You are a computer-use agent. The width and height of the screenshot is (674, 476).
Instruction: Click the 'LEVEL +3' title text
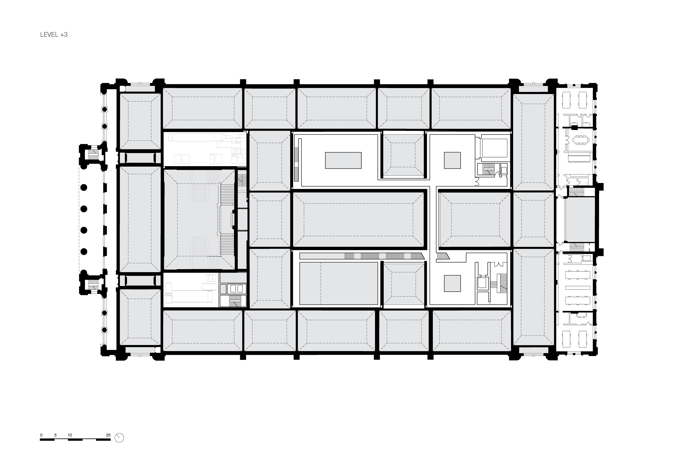pyautogui.click(x=54, y=35)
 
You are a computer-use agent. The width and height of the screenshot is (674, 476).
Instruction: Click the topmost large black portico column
pyautogui.click(x=84, y=187)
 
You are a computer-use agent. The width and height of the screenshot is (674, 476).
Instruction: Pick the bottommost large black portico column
pyautogui.click(x=84, y=252)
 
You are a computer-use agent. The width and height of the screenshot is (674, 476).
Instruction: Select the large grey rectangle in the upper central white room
pyautogui.click(x=343, y=160)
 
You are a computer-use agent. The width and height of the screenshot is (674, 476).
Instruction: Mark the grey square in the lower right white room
pyautogui.click(x=452, y=283)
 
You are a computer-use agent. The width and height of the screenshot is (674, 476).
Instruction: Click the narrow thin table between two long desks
pyautogui.click(x=578, y=288)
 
